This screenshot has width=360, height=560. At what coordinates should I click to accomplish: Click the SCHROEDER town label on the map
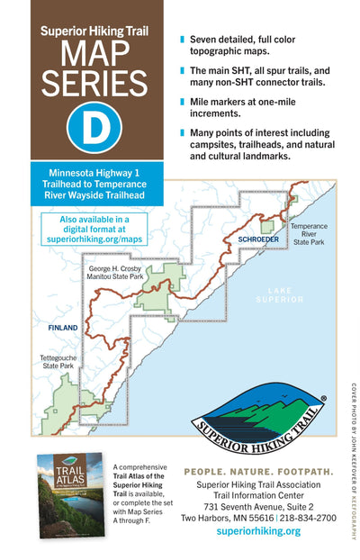[x=257, y=240]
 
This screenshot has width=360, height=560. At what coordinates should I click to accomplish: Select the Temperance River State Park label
[x=308, y=235]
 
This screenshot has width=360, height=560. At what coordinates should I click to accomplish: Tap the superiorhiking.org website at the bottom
[x=258, y=531]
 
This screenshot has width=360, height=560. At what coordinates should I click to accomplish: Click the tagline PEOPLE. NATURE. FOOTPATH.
[x=259, y=471]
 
